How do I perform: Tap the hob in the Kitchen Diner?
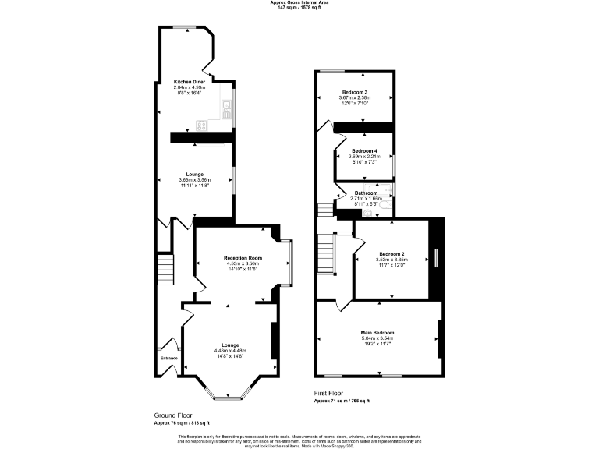coord(201,124)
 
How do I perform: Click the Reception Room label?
coord(243,258)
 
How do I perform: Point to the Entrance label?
coord(169,359)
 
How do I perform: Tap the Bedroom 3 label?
coord(354,91)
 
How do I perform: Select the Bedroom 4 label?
coord(364,150)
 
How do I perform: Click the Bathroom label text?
coord(366,193)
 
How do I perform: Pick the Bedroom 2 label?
coord(392,254)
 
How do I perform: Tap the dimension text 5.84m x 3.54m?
coord(377,339)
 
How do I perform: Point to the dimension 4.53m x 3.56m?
coord(243,263)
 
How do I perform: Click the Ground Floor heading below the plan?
coord(173,415)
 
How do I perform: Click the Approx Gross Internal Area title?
coord(299,3)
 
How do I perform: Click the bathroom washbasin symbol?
coord(367,212)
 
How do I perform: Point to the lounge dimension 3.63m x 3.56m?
coord(194,181)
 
